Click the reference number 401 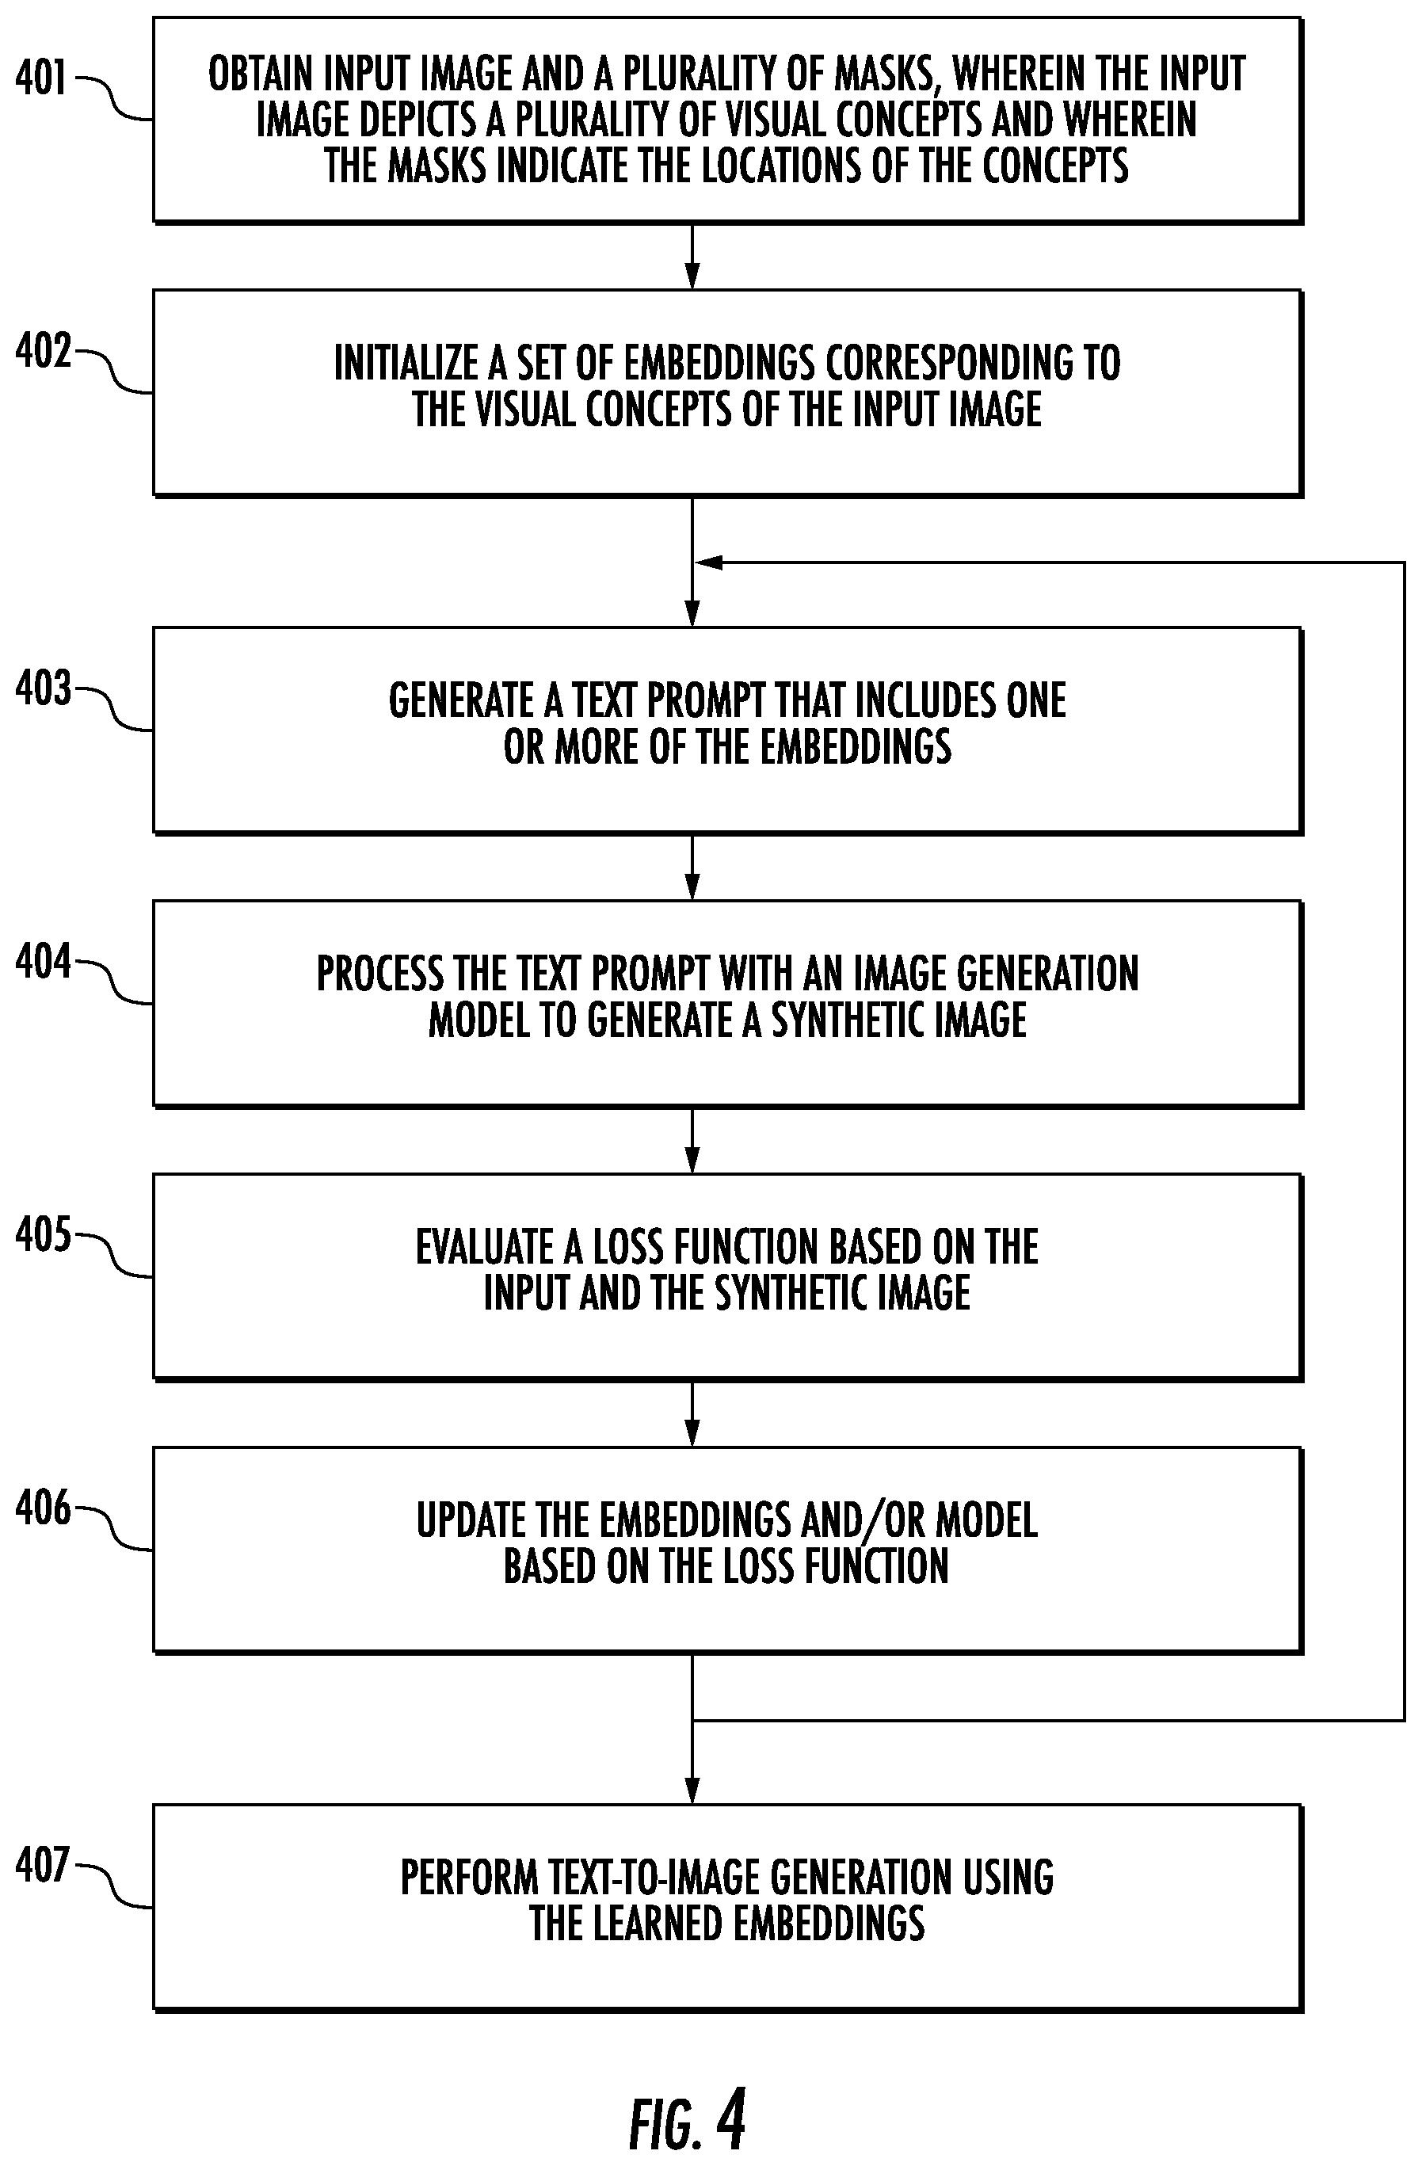(x=41, y=78)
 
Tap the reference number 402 (x=43, y=351)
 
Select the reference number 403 (x=43, y=689)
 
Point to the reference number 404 (x=43, y=962)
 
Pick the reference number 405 (x=43, y=1235)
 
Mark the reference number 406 (x=43, y=1509)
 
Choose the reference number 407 (x=42, y=1866)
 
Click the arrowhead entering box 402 (x=692, y=276)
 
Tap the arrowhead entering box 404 (x=692, y=887)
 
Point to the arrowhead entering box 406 (x=692, y=1433)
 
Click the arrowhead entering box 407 (x=692, y=1790)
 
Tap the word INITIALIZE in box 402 (x=406, y=363)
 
